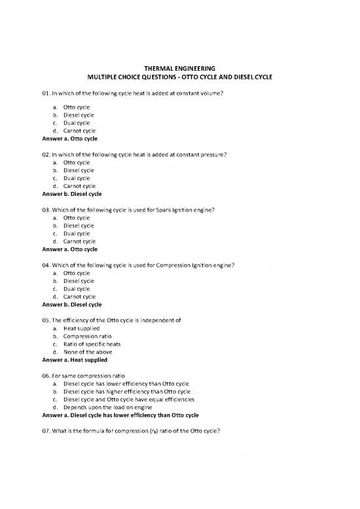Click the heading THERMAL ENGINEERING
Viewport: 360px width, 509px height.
[180, 68]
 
